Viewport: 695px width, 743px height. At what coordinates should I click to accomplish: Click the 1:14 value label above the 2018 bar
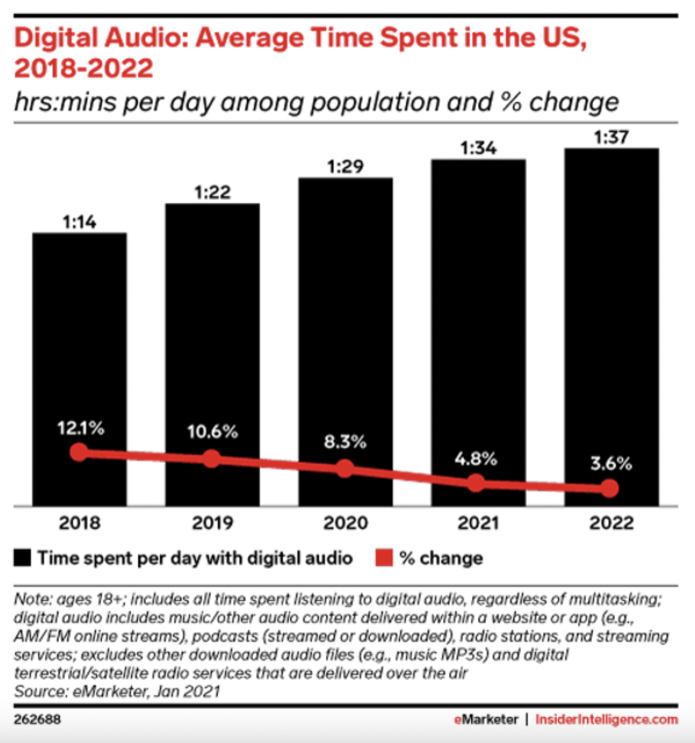(x=80, y=222)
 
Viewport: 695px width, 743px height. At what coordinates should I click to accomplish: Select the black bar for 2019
(x=212, y=319)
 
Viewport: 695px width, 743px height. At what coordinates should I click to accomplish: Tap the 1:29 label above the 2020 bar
(x=345, y=167)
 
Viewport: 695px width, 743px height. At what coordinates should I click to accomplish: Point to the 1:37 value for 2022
(x=611, y=137)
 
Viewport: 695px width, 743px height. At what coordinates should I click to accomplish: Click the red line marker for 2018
(x=78, y=453)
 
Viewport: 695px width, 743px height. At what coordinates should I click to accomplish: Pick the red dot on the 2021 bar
(x=476, y=484)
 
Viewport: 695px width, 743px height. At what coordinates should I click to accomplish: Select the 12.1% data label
(x=80, y=428)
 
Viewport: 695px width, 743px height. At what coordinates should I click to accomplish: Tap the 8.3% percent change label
(x=345, y=441)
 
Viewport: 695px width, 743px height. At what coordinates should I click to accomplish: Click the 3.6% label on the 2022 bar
(x=611, y=463)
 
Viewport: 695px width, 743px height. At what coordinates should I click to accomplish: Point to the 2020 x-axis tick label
(x=346, y=523)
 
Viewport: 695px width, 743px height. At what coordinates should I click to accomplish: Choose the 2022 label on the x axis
(x=611, y=523)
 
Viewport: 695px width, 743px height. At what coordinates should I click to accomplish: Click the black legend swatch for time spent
(x=22, y=558)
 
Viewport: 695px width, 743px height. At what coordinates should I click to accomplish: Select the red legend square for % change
(x=384, y=558)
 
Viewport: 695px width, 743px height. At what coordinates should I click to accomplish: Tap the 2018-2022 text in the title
(x=84, y=68)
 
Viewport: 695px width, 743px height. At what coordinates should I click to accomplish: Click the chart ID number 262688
(x=37, y=719)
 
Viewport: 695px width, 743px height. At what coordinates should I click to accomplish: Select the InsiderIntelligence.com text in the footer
(x=607, y=719)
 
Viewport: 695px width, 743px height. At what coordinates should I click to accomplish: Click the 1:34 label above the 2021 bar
(x=478, y=148)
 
